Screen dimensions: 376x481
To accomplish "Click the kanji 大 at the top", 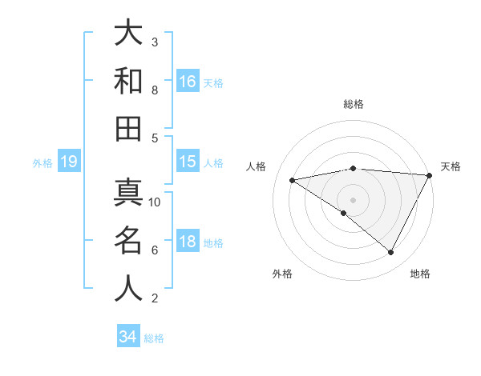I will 128,33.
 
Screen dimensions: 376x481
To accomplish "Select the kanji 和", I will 128,81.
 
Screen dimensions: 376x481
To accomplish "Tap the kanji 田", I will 128,128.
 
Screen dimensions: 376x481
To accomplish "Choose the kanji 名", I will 128,241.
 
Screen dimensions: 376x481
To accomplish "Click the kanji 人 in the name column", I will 128,288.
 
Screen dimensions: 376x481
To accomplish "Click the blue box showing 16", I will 188,81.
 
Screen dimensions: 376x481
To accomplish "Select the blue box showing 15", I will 188,162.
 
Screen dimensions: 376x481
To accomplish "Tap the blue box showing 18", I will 188,242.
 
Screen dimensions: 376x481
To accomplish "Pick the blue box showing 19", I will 68,162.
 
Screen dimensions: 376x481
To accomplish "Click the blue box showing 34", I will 128,337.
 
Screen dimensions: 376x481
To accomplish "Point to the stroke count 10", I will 156,202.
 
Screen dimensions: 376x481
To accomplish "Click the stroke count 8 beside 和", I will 155,90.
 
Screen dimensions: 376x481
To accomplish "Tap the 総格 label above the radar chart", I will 354,104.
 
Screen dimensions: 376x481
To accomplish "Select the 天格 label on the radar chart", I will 451,166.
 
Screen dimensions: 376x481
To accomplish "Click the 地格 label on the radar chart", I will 420,274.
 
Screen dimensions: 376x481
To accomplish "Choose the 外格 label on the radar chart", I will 282,274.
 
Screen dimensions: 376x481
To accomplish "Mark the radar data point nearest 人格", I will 293,180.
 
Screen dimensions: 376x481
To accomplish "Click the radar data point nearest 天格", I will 430,175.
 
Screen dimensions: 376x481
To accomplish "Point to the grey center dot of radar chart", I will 353,199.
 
